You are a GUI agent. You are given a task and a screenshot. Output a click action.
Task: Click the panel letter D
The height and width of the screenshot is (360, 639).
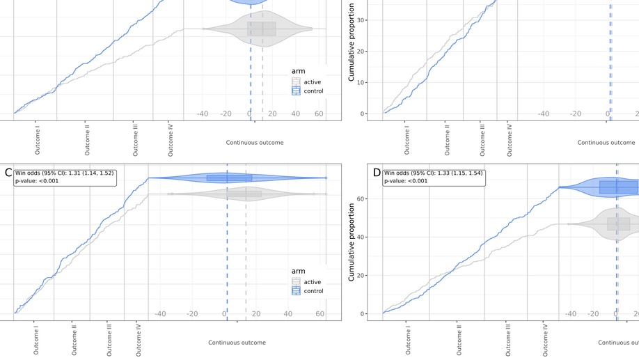377,173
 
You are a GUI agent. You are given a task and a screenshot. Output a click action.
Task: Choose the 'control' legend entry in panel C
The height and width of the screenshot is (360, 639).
313,291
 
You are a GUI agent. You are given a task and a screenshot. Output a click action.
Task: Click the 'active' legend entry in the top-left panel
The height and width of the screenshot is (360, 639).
313,82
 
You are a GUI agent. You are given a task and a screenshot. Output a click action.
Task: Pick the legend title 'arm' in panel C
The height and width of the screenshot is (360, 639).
298,272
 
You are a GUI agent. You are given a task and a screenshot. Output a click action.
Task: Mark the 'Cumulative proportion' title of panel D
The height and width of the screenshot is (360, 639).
353,238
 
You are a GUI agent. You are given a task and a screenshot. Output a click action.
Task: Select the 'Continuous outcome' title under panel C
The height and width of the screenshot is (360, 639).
237,343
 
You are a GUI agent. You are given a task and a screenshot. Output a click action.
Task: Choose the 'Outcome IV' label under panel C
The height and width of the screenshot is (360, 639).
139,336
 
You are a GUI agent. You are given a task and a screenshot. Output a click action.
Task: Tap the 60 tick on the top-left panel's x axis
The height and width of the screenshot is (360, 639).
319,114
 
